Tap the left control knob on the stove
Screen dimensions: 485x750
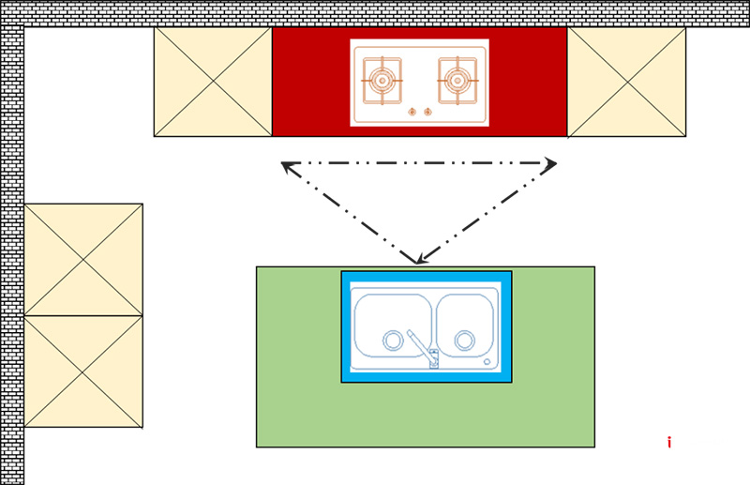[x=412, y=113]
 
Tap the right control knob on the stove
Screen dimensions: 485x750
[x=427, y=113]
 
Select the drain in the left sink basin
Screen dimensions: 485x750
[x=391, y=339]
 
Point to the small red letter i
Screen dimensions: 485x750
[x=668, y=443]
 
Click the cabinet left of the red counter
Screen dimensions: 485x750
[x=213, y=82]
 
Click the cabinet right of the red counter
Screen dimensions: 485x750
[x=626, y=82]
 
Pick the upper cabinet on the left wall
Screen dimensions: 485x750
[x=83, y=259]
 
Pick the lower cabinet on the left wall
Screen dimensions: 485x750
[x=83, y=371]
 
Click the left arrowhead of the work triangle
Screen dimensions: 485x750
[x=288, y=166]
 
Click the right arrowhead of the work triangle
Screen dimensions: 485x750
[x=550, y=164]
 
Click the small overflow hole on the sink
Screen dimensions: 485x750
[x=487, y=361]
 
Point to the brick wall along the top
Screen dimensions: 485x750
[x=375, y=13]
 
